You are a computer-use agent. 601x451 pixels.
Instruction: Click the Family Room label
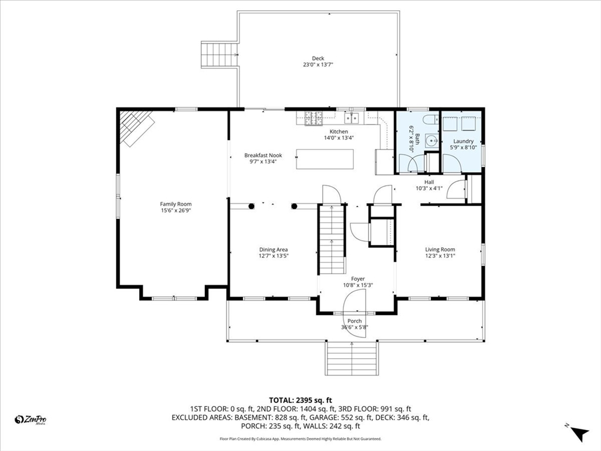click(x=175, y=204)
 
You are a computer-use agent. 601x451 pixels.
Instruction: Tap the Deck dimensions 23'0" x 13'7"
click(x=318, y=65)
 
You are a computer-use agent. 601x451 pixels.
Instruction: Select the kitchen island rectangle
click(x=325, y=159)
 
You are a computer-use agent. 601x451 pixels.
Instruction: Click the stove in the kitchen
click(x=313, y=118)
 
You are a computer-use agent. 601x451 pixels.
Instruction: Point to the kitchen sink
click(x=352, y=118)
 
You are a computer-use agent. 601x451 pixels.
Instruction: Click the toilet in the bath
click(x=431, y=119)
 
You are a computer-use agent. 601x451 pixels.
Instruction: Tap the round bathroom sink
click(x=433, y=141)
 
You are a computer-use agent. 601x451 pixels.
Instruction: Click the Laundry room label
click(x=464, y=141)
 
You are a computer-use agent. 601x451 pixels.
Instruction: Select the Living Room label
click(x=440, y=249)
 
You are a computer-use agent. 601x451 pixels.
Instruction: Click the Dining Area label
click(x=274, y=250)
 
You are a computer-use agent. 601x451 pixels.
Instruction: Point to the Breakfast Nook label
click(x=263, y=155)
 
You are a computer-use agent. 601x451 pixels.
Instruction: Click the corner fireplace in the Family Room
click(x=136, y=127)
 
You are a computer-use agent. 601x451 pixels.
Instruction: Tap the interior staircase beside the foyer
click(x=332, y=240)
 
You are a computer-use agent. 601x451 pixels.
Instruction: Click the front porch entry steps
click(x=352, y=358)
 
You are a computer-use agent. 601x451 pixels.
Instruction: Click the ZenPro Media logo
click(x=31, y=419)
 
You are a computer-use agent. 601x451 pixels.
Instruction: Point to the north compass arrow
click(x=579, y=434)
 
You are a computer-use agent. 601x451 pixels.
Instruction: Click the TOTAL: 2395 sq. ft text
click(x=300, y=400)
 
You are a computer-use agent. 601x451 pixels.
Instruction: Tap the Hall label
click(x=429, y=182)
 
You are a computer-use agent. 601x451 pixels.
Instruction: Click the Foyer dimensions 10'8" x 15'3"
click(x=357, y=285)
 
